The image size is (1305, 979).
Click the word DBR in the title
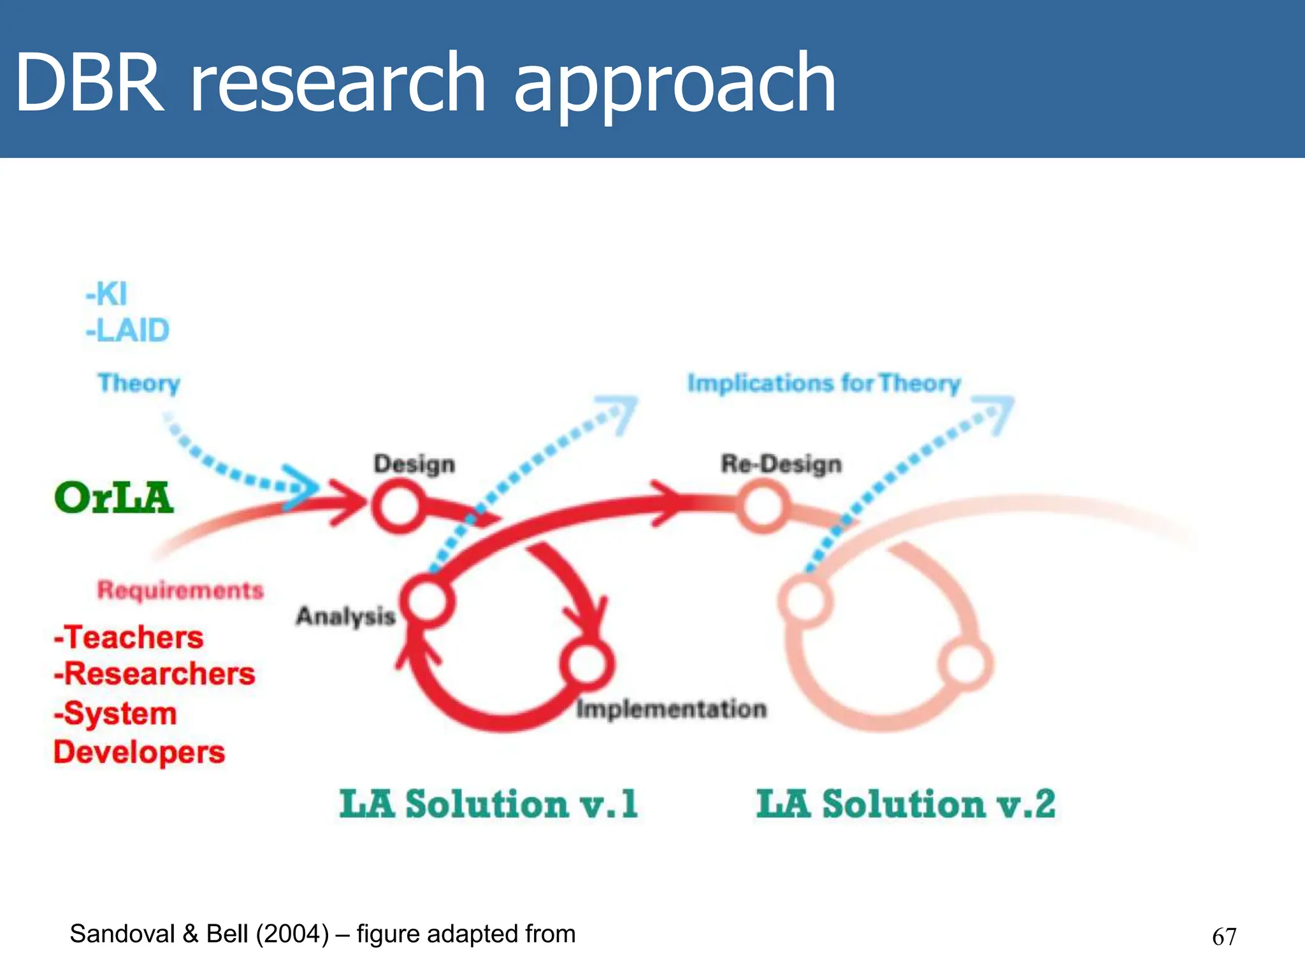pos(89,83)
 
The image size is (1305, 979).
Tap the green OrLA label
pos(113,498)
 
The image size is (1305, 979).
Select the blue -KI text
pos(106,294)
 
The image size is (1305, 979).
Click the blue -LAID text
pos(127,331)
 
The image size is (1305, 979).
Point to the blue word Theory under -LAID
pos(139,383)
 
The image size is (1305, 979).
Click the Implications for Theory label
pos(823,383)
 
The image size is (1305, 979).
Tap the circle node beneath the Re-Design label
pos(761,506)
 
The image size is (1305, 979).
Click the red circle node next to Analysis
pos(428,600)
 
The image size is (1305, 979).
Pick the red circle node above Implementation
pos(587,664)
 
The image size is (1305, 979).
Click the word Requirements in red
pos(180,590)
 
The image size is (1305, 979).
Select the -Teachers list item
pos(129,637)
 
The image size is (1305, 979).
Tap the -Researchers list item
pos(154,674)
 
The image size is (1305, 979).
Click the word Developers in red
pos(139,753)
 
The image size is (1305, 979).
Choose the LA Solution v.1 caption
pos(488,804)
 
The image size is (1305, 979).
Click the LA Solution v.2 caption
pos(905,804)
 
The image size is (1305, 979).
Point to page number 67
pos(1223,936)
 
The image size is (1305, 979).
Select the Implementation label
pos(671,709)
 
